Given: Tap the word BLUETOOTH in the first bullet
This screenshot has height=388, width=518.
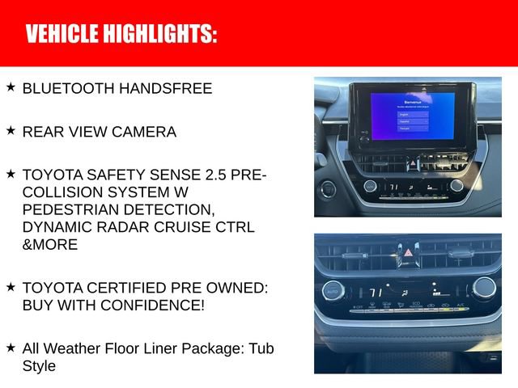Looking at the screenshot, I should pyautogui.click(x=68, y=88).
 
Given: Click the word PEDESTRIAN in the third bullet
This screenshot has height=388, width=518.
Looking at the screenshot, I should pyautogui.click(x=75, y=209).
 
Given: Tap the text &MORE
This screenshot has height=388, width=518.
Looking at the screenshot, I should pyautogui.click(x=50, y=244).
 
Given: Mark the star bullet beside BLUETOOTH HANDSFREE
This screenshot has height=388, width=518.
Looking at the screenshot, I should pyautogui.click(x=11, y=86).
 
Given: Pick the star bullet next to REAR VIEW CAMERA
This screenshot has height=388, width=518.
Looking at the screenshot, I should pyautogui.click(x=11, y=130).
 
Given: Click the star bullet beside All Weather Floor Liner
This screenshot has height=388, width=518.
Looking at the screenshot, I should pyautogui.click(x=11, y=347).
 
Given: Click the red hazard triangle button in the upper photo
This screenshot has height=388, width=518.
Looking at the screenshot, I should pyautogui.click(x=412, y=162).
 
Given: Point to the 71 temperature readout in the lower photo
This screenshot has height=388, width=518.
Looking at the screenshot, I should pyautogui.click(x=376, y=292).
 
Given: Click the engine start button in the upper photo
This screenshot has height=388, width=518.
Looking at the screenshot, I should pyautogui.click(x=328, y=190).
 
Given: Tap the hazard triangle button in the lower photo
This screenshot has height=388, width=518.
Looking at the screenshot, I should pyautogui.click(x=408, y=252).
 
